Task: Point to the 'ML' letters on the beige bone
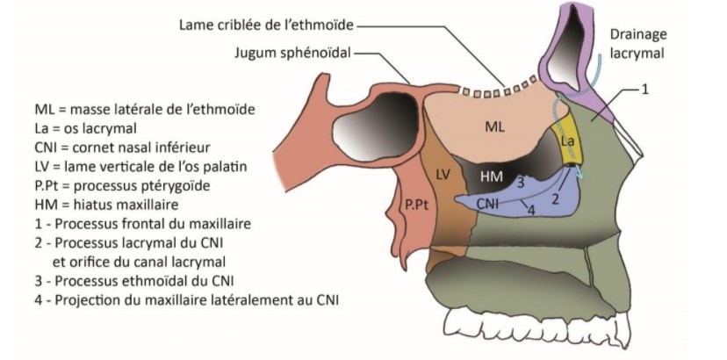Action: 495,127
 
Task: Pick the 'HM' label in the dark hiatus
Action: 492,176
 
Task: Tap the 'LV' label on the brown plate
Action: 443,174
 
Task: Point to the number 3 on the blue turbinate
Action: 521,182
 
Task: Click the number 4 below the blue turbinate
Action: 529,209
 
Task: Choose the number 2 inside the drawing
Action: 554,200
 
